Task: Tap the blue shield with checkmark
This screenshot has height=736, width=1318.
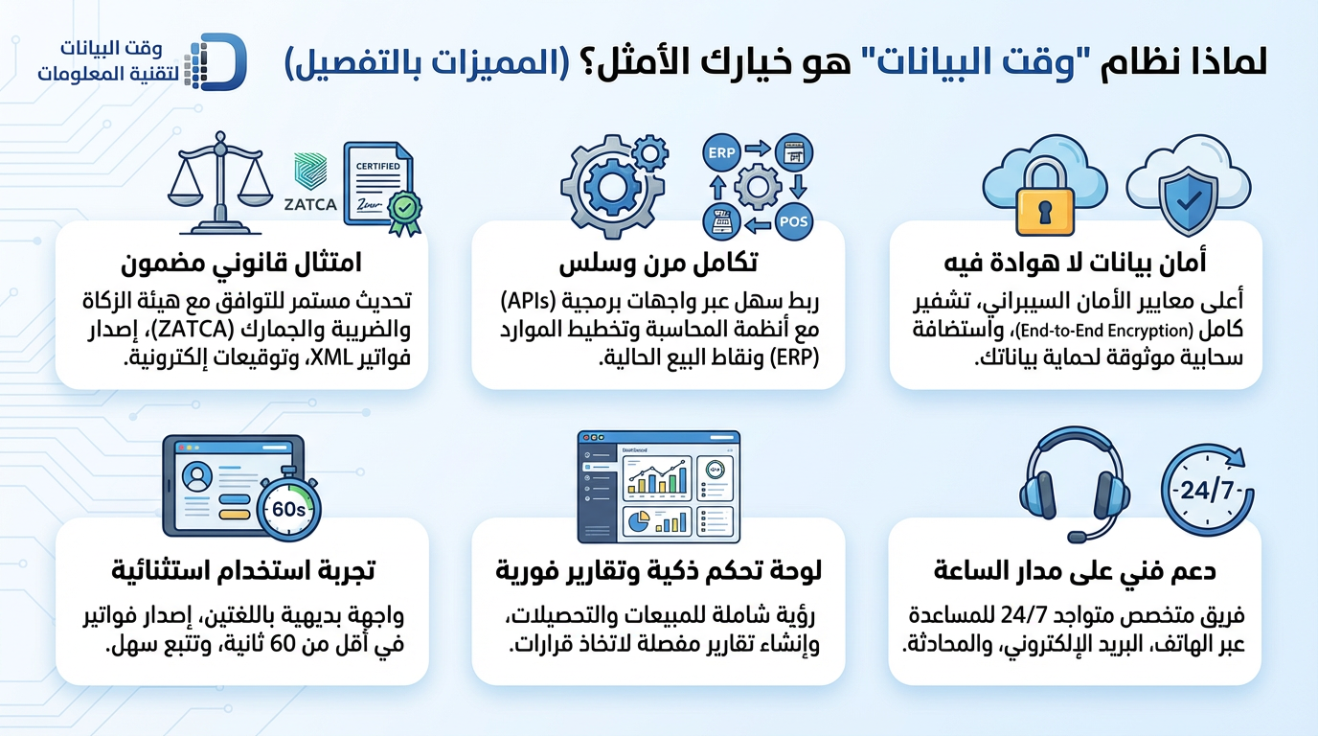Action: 1189,200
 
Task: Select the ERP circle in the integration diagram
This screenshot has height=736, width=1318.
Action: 721,152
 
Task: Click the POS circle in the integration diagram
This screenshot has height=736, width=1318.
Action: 793,221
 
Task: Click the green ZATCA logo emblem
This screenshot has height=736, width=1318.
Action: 310,171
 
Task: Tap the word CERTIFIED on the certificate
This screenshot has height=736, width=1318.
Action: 377,166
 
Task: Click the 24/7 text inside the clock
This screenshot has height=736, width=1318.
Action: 1207,490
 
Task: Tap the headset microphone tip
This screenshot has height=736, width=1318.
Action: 1077,537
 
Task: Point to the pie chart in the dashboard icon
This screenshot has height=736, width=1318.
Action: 638,521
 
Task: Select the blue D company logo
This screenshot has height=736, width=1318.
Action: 216,62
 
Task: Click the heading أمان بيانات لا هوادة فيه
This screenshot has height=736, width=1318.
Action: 1076,263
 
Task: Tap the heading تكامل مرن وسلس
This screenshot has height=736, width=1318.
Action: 658,263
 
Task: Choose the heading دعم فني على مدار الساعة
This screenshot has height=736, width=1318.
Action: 1075,570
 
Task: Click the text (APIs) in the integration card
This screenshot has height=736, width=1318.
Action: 529,302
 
